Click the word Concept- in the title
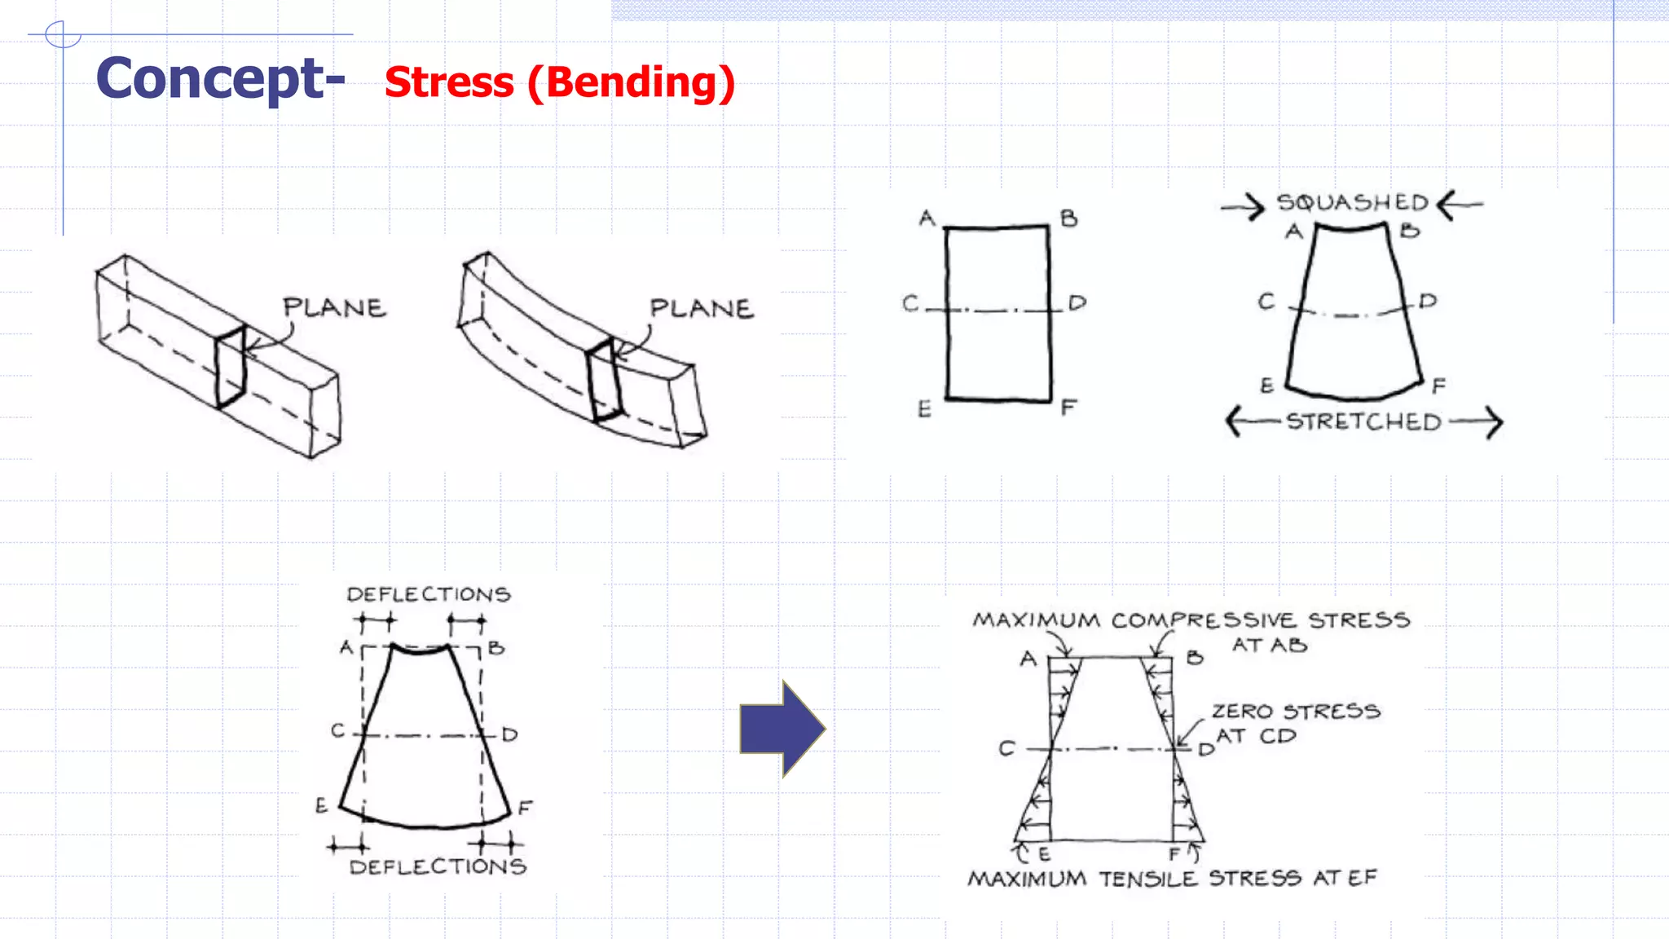[x=220, y=79]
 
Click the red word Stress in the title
[x=449, y=82]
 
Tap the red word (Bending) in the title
[x=632, y=82]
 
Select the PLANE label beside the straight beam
[x=334, y=307]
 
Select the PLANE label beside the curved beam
[x=702, y=308]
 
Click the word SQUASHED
[x=1353, y=202]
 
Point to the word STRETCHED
[x=1363, y=421]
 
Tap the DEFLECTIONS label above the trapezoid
[x=429, y=594]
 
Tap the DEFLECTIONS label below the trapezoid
[x=438, y=866]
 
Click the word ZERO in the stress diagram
[x=1242, y=712]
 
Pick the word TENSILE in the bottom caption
[x=1147, y=879]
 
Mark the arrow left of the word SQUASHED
[x=1243, y=207]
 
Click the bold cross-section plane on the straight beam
[x=231, y=368]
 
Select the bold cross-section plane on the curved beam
[x=604, y=381]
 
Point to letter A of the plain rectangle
[x=927, y=218]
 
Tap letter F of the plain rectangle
[x=1069, y=407]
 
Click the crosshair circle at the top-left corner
[x=62, y=35]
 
